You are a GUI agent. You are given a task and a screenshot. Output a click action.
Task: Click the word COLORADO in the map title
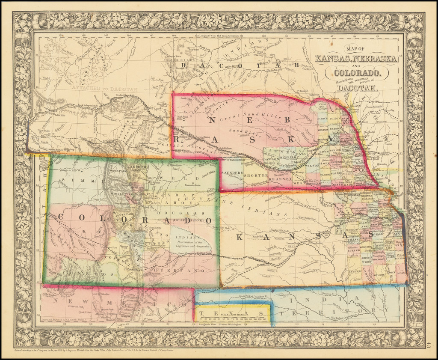point(352,73)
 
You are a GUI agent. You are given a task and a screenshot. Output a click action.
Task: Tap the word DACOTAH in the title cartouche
point(356,89)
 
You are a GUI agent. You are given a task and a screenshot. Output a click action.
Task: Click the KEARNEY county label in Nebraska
point(282,179)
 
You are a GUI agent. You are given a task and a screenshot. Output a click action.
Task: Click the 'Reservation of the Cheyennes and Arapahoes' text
point(189,244)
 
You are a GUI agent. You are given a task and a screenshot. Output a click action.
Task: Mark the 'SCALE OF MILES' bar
point(234,315)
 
